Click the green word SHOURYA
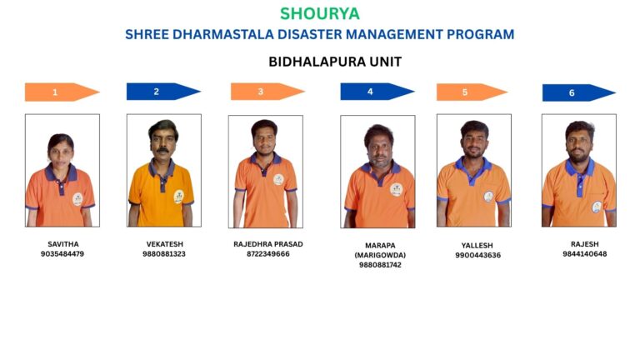click(x=320, y=14)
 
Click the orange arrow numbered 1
click(x=62, y=92)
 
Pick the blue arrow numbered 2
click(x=163, y=92)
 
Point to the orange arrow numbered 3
click(x=267, y=92)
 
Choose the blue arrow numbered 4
click(x=377, y=92)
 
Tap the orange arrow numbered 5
click(x=472, y=92)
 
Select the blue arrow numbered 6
click(x=579, y=92)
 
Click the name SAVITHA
click(x=63, y=244)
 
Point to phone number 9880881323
click(x=164, y=254)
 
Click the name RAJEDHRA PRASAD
click(x=268, y=244)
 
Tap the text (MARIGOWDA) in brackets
click(x=380, y=255)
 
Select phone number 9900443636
click(x=478, y=255)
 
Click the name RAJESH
click(x=585, y=244)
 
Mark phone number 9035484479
click(x=62, y=254)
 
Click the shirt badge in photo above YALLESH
click(x=488, y=197)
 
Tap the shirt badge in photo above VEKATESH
click(x=179, y=197)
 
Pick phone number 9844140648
click(x=585, y=254)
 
